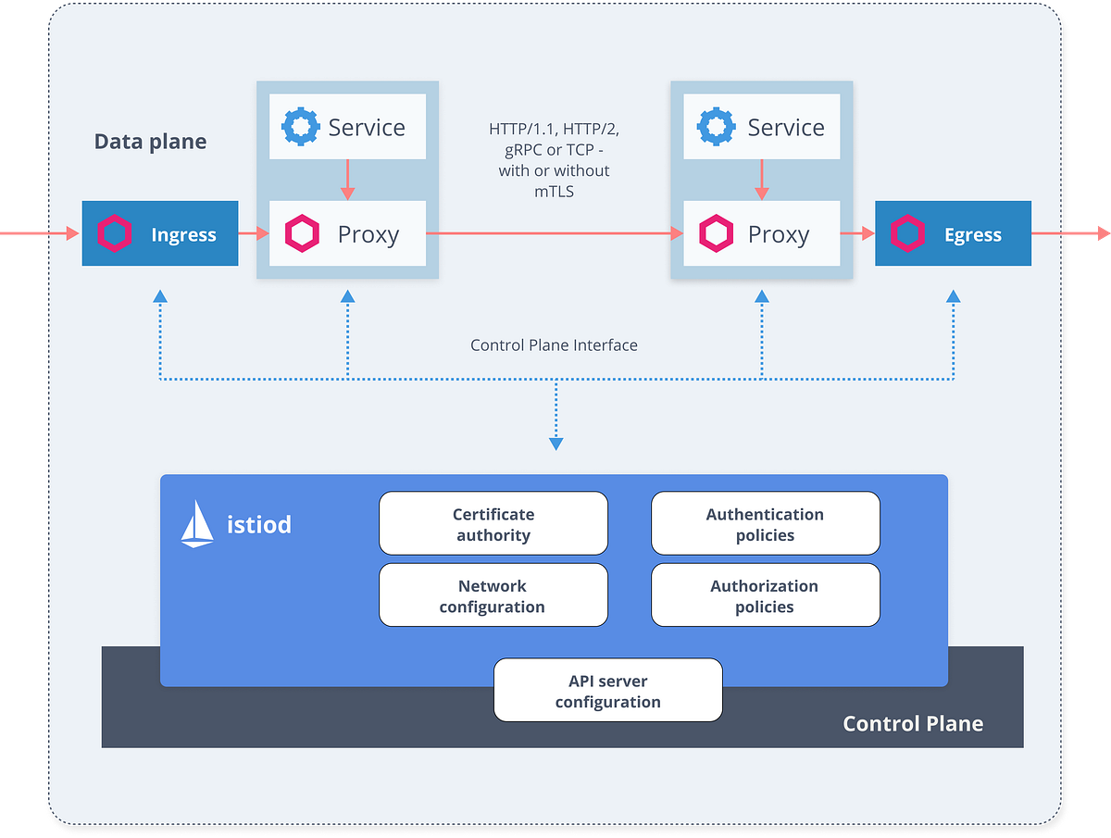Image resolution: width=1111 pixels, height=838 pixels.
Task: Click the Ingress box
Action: [159, 234]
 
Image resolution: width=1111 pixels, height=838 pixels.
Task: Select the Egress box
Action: [953, 234]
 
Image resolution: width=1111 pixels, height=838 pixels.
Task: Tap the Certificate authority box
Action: [493, 524]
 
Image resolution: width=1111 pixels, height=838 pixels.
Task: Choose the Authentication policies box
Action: [765, 524]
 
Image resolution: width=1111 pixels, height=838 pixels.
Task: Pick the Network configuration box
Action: [493, 596]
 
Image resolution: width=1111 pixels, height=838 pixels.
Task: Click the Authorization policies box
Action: [765, 596]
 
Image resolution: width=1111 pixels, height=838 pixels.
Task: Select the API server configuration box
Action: [607, 691]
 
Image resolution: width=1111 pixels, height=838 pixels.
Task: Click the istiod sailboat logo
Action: [197, 523]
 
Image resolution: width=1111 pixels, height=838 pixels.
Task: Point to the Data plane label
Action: [150, 142]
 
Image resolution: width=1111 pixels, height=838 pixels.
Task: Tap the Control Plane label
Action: [912, 723]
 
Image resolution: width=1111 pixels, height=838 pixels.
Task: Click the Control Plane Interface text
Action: [554, 345]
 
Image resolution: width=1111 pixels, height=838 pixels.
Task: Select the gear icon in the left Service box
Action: [299, 126]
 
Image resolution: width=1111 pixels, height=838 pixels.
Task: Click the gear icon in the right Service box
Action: [716, 126]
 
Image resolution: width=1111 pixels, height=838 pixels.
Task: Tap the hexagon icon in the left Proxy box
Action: [302, 234]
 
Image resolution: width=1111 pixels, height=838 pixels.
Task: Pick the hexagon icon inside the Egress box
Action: [907, 234]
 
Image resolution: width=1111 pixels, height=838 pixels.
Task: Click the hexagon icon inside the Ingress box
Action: [115, 234]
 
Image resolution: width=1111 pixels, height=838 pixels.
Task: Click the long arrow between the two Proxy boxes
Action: [554, 234]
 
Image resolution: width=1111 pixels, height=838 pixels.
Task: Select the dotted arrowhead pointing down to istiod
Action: [555, 444]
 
